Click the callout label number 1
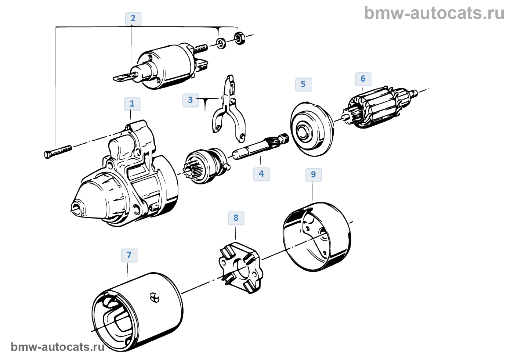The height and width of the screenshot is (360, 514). click(132, 104)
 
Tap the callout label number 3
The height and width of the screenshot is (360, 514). click(190, 100)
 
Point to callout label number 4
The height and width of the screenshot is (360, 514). click(261, 174)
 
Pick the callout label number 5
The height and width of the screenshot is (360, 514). click(303, 84)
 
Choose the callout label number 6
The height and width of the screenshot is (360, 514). click(363, 79)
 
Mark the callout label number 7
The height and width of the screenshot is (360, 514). click(129, 255)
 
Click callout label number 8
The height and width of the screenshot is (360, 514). click(236, 218)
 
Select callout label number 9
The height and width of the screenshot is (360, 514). click(313, 174)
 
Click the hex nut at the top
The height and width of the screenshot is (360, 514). click(239, 38)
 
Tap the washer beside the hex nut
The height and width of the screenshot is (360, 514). click(221, 43)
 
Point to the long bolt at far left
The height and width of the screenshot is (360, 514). click(57, 152)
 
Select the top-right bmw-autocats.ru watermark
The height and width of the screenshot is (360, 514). click(434, 13)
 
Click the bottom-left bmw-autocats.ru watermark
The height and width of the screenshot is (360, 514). click(58, 347)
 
